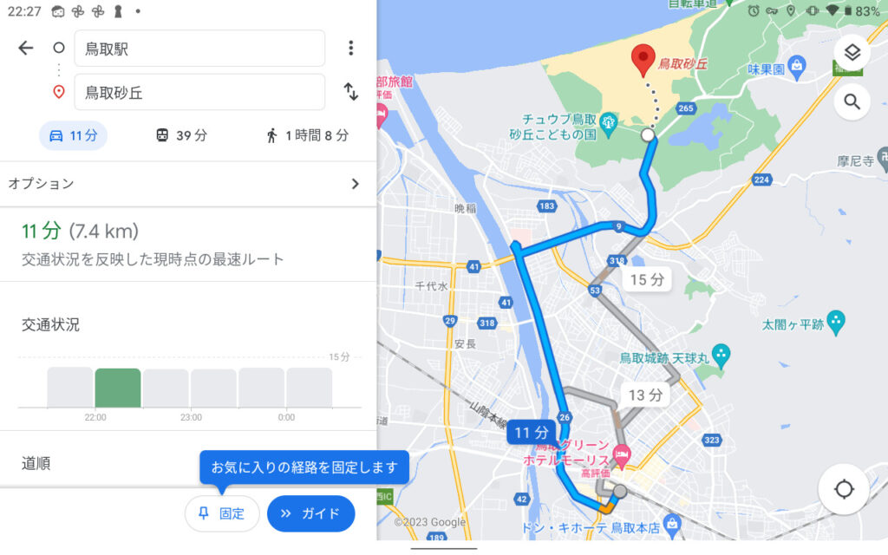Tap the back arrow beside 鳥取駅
(26, 49)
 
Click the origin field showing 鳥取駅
(199, 49)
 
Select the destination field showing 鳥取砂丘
(199, 92)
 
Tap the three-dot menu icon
(350, 49)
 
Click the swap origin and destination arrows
(350, 92)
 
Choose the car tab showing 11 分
(73, 135)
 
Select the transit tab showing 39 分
(181, 135)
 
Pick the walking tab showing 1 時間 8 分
(307, 135)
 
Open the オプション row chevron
(354, 184)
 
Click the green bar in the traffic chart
(118, 388)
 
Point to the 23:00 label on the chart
(191, 417)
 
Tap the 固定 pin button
(222, 513)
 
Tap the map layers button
(852, 53)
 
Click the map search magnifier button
(852, 102)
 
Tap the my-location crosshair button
(844, 489)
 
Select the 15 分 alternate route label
(646, 279)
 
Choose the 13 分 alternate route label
(645, 395)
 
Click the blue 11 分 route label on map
(532, 432)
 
